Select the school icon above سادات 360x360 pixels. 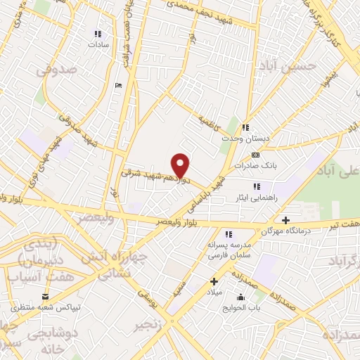[98, 33]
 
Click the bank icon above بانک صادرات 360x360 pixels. [255, 155]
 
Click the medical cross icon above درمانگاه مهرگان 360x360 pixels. [285, 219]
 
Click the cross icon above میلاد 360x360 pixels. [214, 281]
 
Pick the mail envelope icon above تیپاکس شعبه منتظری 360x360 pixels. [46, 297]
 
